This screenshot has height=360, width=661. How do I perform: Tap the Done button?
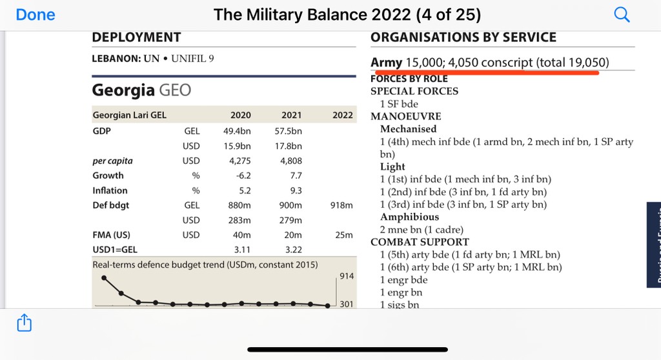tap(36, 14)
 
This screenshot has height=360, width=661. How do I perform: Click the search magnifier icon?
tap(622, 15)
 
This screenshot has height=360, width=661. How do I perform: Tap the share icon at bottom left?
tap(23, 322)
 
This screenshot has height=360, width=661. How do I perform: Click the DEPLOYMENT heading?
tap(136, 37)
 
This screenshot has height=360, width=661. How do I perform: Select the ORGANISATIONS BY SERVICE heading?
tap(463, 37)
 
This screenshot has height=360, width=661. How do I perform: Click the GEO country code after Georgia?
tap(175, 90)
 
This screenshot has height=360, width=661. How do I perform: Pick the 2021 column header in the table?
tap(291, 115)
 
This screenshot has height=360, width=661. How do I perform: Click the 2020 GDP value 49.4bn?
tap(237, 131)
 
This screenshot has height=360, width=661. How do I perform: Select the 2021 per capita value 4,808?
tap(291, 161)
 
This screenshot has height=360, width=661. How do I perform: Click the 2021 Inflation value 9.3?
tap(296, 190)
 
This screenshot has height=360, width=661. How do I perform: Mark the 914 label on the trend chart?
tap(347, 276)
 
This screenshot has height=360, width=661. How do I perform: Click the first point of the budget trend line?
tap(104, 278)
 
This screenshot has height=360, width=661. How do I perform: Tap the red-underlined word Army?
tap(386, 63)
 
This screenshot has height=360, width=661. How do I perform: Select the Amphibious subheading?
tap(409, 217)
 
